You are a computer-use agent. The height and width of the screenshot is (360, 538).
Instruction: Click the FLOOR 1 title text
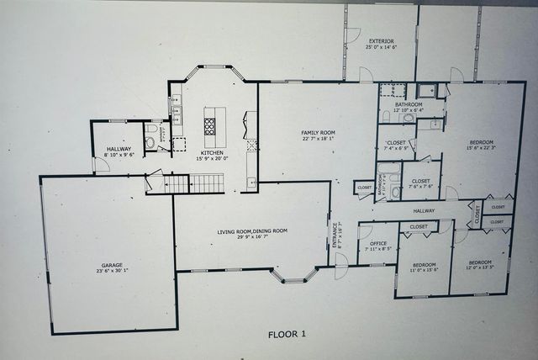(287, 334)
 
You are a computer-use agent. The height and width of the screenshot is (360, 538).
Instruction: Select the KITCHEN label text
(211, 152)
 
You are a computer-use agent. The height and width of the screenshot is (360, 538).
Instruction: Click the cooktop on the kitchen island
(209, 126)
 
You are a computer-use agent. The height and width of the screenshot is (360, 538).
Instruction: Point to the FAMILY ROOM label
(319, 133)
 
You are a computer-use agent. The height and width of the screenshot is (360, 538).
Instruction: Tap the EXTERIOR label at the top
(380, 41)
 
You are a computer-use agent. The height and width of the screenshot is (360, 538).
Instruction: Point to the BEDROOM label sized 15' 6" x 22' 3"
(481, 141)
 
